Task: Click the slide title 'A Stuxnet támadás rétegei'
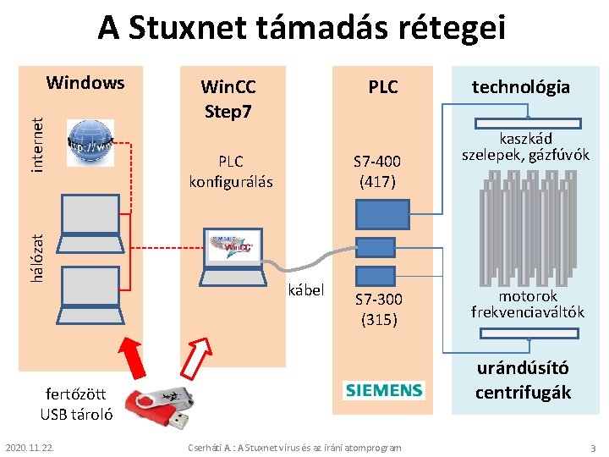(301, 29)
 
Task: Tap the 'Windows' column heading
(85, 83)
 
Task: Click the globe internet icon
(89, 143)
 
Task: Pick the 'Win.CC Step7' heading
(228, 98)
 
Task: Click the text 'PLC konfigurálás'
(230, 170)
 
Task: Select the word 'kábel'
(306, 289)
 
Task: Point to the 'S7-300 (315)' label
(378, 309)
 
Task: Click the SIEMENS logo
(383, 390)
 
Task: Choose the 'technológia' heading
(520, 86)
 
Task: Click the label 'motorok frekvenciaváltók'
(528, 304)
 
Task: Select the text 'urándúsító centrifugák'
(522, 380)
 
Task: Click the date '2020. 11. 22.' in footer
(29, 446)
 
